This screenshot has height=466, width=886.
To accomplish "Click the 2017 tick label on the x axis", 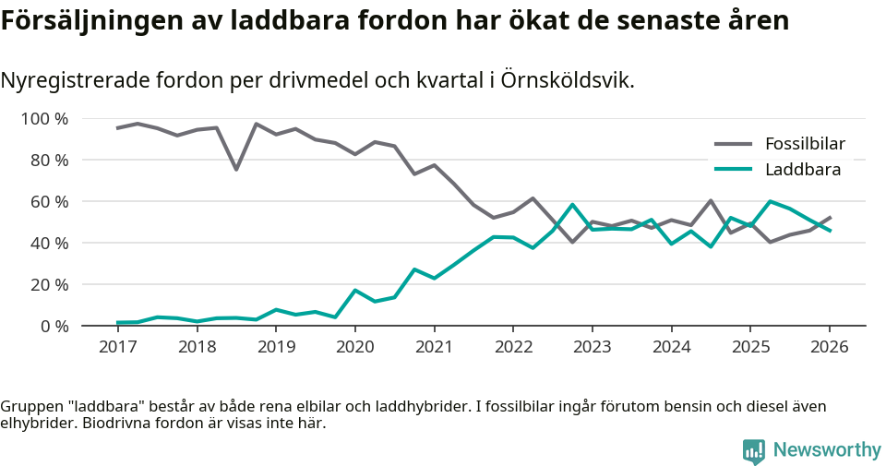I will pos(117,347).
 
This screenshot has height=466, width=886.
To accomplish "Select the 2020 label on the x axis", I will pos(354,347).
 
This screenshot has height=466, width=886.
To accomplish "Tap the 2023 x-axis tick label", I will pos(592,347).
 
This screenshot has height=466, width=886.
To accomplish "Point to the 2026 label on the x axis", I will pos(829,347).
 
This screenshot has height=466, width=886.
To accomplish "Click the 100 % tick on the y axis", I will pos(45,118).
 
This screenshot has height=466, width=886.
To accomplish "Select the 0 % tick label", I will pos(54,326).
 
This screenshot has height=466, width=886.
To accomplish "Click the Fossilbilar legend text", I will pos(805,144).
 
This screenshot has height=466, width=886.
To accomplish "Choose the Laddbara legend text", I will pos(803,169).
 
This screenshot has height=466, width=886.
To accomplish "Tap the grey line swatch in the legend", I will pos(734,144).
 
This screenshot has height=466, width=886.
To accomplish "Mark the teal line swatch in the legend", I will pos(734,169).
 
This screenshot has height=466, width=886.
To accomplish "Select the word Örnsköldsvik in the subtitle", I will pos(568,80).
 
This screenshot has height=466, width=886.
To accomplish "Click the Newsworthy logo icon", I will pos(753,450).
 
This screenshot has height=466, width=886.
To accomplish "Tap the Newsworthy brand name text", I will pos(827,450).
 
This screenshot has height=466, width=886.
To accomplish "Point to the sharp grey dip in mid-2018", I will pos(236,169).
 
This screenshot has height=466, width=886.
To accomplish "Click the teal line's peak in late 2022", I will pos(572,205).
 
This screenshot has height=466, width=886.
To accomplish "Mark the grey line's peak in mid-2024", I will pos(711,200).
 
